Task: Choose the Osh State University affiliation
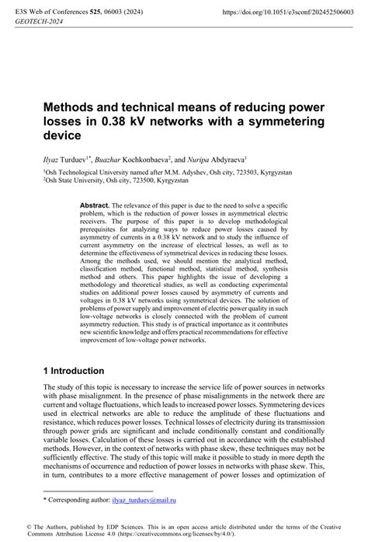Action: point(75,180)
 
